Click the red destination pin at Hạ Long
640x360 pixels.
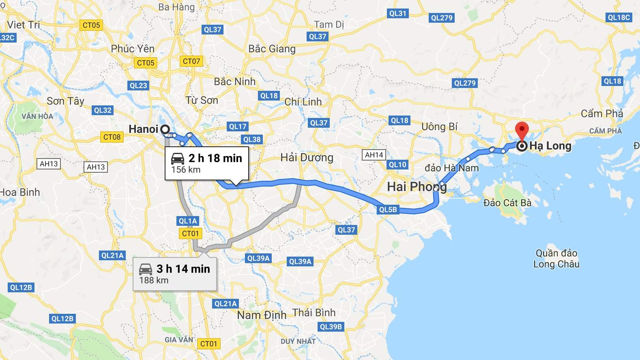[522, 131]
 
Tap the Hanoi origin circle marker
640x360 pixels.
[165, 129]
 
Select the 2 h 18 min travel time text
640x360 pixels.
[215, 158]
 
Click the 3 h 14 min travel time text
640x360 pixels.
[183, 269]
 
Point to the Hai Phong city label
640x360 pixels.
[417, 186]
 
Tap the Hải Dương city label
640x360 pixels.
[307, 157]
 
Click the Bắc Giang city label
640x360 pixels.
[272, 49]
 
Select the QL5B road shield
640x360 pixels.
[388, 210]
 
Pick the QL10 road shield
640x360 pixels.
[397, 165]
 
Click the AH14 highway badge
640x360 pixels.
[374, 155]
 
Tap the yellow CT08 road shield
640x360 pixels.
[112, 137]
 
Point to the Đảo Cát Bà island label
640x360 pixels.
[507, 202]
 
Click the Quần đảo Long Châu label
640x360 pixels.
[556, 259]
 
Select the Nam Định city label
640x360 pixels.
[262, 315]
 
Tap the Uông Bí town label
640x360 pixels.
[439, 127]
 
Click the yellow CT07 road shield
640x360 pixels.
[191, 61]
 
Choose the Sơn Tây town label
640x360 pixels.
[65, 101]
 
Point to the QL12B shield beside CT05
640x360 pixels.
[21, 287]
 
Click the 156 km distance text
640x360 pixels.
[185, 169]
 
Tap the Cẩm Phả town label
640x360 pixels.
[602, 114]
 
